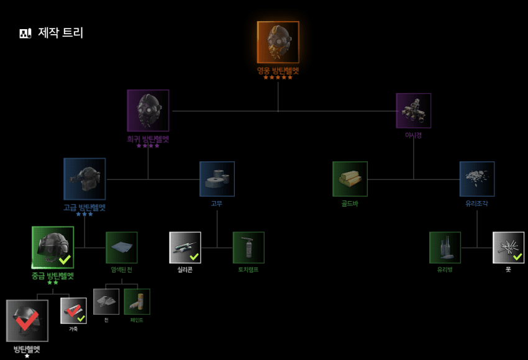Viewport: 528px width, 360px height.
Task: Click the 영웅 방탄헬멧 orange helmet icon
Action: [x=278, y=42]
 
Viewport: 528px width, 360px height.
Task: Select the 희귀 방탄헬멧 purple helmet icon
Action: [x=148, y=110]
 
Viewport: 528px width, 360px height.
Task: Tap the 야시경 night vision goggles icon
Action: [x=413, y=110]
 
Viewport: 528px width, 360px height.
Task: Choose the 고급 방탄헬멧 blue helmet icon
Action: [x=84, y=179]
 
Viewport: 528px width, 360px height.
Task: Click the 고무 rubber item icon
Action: [x=217, y=179]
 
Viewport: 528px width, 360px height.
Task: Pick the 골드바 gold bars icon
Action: [x=350, y=179]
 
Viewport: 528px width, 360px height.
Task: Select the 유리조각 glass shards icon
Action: [x=477, y=179]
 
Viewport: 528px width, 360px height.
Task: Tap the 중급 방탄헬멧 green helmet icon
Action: [x=53, y=247]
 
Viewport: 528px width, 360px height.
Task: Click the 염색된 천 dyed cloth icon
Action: [x=121, y=248]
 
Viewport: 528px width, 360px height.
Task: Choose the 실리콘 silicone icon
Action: [x=185, y=248]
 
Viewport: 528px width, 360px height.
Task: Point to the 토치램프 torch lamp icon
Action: [x=248, y=248]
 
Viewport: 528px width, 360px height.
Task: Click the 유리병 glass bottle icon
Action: [x=445, y=248]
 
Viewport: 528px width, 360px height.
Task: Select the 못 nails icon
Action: [x=508, y=248]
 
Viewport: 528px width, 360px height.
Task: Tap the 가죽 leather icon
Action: [x=73, y=311]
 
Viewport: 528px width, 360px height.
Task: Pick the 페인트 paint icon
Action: [x=137, y=302]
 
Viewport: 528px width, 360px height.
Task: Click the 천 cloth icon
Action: [x=106, y=302]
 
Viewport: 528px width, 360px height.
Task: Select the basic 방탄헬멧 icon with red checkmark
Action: [x=27, y=320]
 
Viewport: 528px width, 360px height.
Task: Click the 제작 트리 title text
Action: [x=60, y=33]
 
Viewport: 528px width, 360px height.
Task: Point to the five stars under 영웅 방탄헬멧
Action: [x=278, y=78]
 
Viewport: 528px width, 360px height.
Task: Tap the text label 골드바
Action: [x=350, y=204]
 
